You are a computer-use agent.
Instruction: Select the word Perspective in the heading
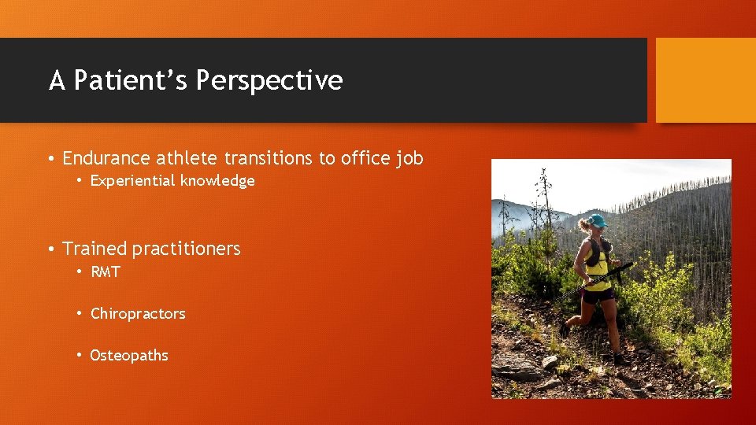(x=269, y=80)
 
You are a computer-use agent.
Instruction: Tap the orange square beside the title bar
(x=705, y=80)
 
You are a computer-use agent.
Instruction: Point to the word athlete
(x=187, y=158)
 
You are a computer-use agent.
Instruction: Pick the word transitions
(x=269, y=158)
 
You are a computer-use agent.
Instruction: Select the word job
(x=410, y=158)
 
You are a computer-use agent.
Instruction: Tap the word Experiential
(x=132, y=181)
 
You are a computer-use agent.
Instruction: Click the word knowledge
(x=217, y=181)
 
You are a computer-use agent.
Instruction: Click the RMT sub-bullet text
(x=106, y=272)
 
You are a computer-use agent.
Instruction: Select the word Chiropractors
(x=138, y=313)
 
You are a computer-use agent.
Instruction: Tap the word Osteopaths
(x=129, y=355)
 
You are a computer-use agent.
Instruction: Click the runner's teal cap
(x=596, y=221)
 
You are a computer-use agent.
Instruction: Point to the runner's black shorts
(x=599, y=296)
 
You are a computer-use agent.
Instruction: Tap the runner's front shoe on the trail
(x=564, y=328)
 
